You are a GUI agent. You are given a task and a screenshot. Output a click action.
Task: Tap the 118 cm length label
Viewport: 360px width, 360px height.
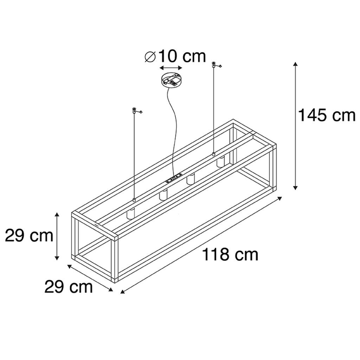coord(230,255)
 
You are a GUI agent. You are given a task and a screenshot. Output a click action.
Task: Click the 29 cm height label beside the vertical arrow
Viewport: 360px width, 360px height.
coord(29,235)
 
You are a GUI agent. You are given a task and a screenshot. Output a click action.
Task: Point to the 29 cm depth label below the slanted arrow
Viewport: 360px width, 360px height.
coord(69,287)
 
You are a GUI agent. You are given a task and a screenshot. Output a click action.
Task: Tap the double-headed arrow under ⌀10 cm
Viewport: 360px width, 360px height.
coord(171,68)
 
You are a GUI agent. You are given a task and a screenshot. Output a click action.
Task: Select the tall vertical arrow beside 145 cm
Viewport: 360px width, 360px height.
coord(295,126)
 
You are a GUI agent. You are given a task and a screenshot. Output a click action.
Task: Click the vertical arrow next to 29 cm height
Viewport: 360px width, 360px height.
coord(57,236)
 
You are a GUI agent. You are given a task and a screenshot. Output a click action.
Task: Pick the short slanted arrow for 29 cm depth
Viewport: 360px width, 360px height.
coord(90,278)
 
